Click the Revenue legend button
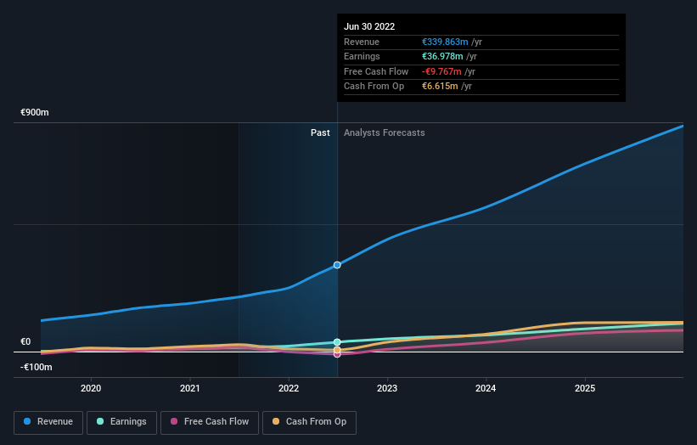point(48,421)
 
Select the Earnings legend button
point(121,421)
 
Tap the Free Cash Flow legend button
point(209,421)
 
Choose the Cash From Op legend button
point(309,421)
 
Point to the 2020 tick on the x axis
point(91,388)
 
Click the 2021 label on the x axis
point(190,388)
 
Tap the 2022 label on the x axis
point(289,388)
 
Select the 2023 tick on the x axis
point(387,388)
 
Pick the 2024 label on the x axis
point(486,388)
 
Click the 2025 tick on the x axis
point(585,388)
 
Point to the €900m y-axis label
point(36,113)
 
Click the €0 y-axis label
point(25,342)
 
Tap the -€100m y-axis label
point(37,367)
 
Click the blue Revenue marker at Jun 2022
point(337,265)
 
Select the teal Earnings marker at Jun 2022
point(337,342)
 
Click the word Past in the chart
point(320,132)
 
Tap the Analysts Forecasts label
point(384,132)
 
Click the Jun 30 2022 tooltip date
point(369,27)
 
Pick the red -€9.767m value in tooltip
point(441,71)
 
